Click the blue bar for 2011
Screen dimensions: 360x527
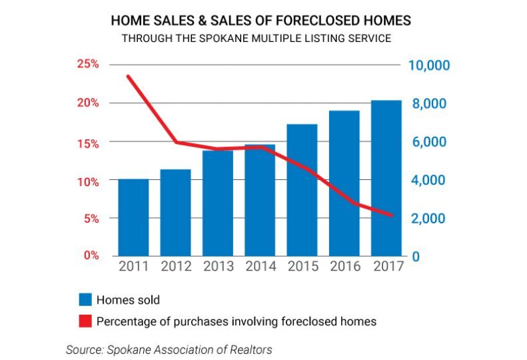coord(133,217)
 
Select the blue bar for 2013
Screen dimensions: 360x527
coord(218,203)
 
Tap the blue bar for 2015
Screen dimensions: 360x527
coord(302,190)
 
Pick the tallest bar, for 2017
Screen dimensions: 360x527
coord(386,178)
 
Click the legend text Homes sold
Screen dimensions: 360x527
coord(128,299)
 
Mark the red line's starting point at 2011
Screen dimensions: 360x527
coord(127,76)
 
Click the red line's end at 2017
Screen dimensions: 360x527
coord(392,215)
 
